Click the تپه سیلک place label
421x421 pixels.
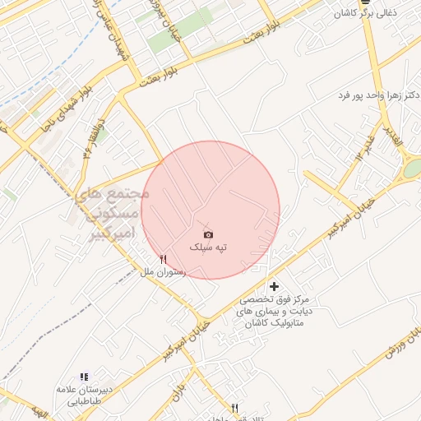[209, 247]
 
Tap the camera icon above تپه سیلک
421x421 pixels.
[208, 234]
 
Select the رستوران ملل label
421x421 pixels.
[163, 271]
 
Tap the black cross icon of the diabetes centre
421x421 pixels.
[275, 285]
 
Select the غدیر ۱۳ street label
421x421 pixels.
[360, 144]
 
